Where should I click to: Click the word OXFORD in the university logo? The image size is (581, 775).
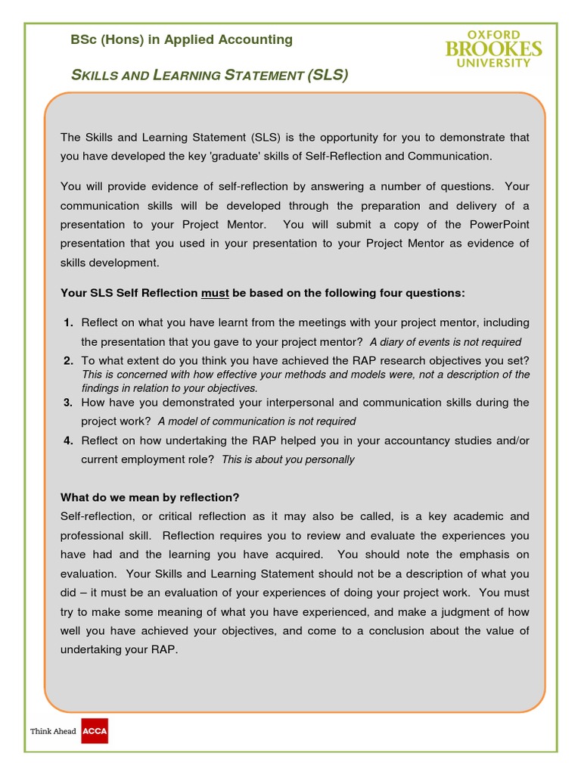click(x=493, y=35)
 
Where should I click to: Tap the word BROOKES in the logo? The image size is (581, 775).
click(x=493, y=50)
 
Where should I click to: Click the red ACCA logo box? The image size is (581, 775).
click(x=95, y=731)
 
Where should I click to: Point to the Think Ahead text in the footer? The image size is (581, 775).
click(x=53, y=732)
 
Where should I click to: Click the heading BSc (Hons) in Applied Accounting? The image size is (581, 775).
click(x=182, y=39)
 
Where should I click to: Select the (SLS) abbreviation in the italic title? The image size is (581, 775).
click(x=328, y=75)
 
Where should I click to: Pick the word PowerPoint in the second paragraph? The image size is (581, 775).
click(x=499, y=224)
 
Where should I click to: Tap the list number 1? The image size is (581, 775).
click(x=68, y=322)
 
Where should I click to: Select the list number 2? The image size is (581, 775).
click(x=68, y=360)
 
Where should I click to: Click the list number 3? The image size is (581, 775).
click(x=68, y=402)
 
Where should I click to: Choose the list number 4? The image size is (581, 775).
click(x=68, y=440)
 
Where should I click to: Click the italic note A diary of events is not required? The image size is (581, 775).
click(x=445, y=342)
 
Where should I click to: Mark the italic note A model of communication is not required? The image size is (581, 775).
click(x=256, y=422)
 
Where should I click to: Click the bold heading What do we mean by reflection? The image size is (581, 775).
click(x=150, y=497)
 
